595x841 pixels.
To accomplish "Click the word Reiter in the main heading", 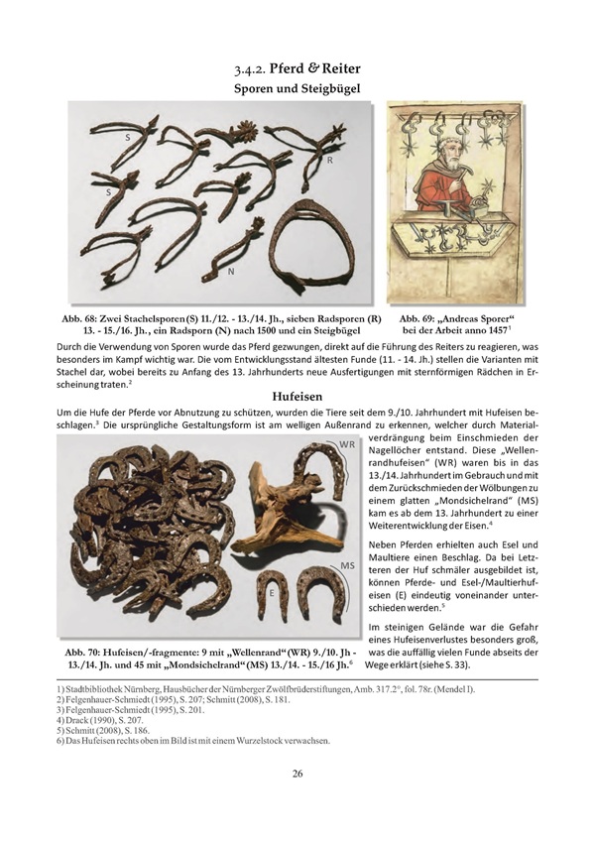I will tap(331, 69).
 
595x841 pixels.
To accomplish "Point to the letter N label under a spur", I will tap(230, 270).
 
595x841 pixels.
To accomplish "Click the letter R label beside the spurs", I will tap(330, 159).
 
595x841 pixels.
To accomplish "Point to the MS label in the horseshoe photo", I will tap(348, 564).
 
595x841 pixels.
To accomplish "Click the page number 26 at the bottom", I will tap(297, 774).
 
